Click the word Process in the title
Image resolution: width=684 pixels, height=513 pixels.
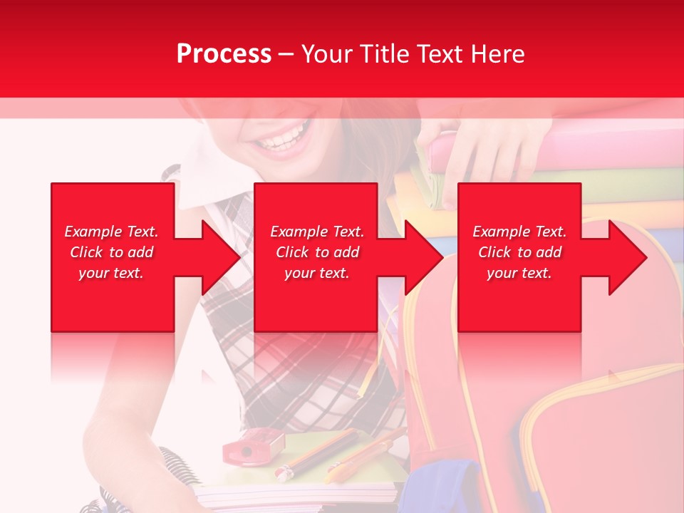tap(224, 54)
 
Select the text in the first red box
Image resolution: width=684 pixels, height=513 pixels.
tap(111, 252)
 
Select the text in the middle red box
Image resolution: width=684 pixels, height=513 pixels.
tap(317, 252)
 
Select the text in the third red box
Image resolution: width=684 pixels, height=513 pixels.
tap(519, 252)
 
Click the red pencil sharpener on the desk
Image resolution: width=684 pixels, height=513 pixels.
tap(252, 447)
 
